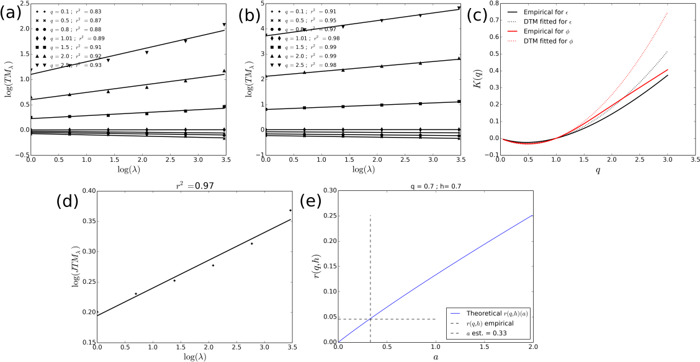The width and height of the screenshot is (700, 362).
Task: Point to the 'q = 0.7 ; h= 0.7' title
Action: (435, 185)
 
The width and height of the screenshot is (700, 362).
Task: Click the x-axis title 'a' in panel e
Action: (435, 358)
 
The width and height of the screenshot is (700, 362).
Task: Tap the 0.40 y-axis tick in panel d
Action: (85, 191)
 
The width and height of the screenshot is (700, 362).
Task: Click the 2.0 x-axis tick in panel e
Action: (532, 348)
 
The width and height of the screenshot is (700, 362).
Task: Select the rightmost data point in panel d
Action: (290, 210)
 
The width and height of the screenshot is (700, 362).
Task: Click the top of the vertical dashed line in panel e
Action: (370, 216)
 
